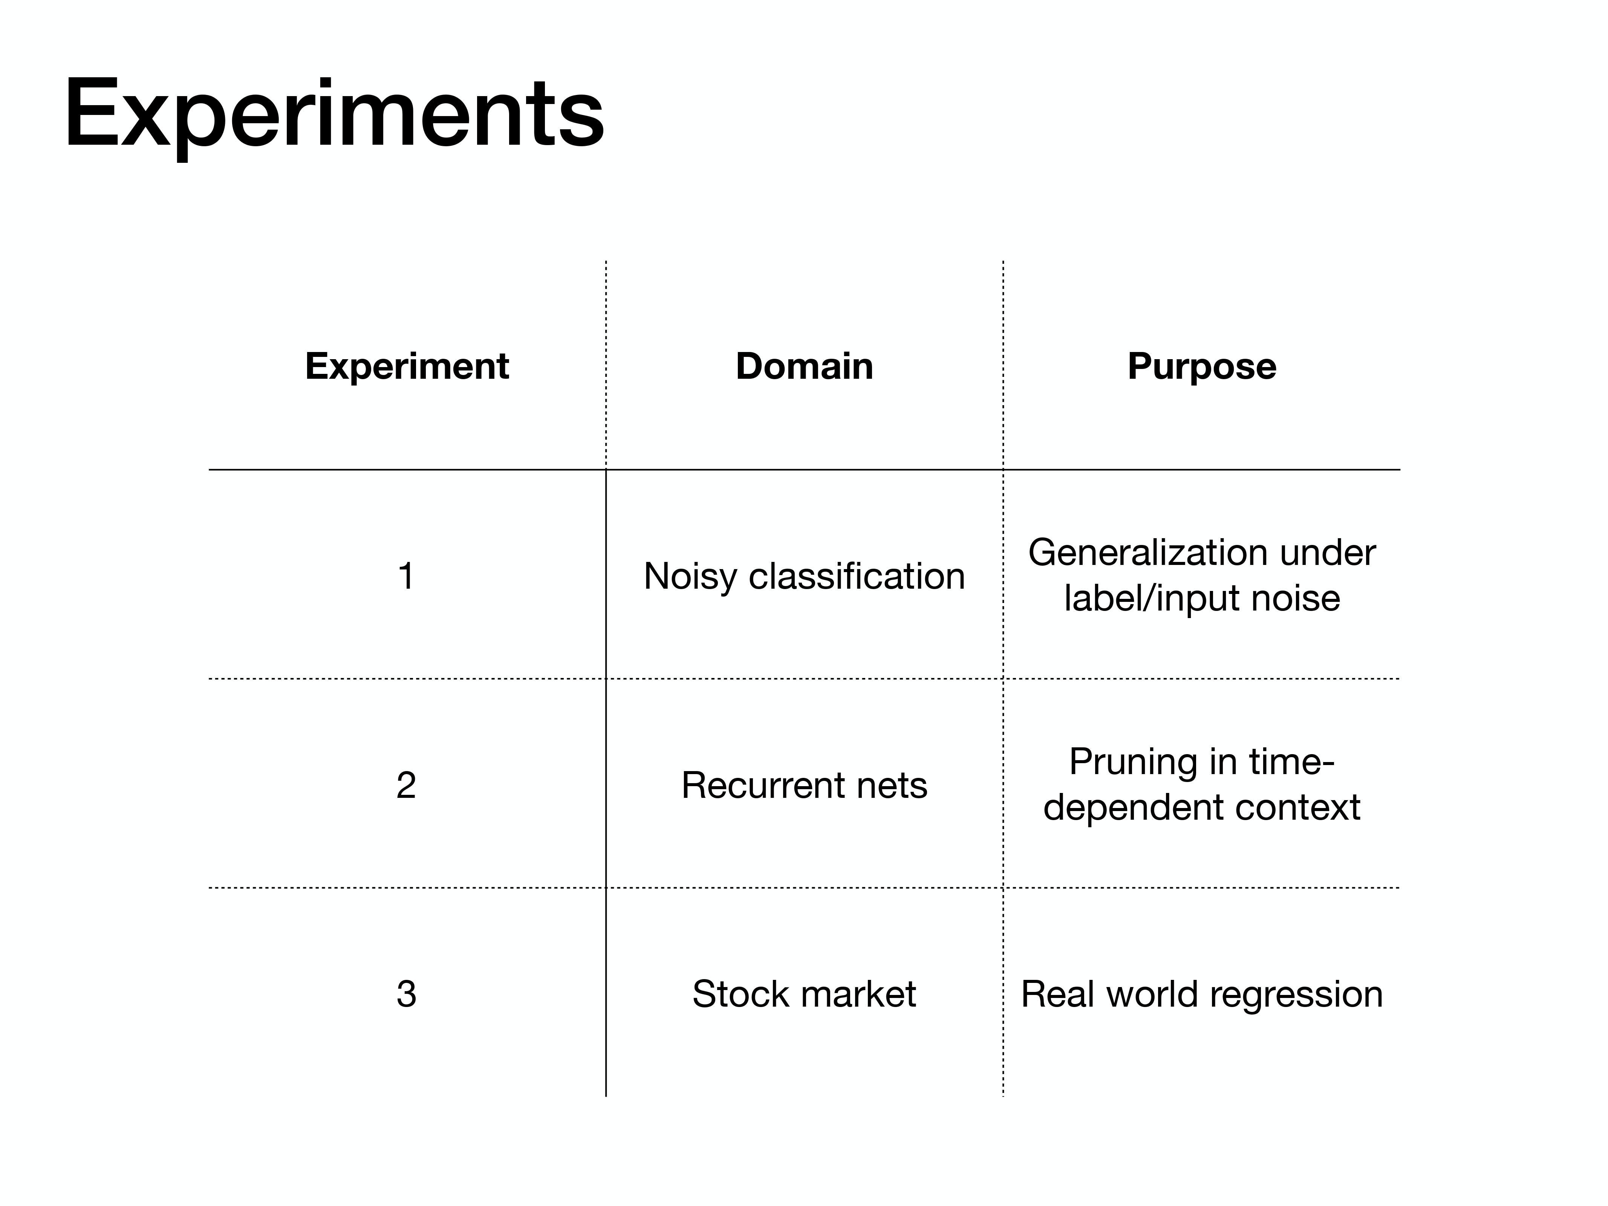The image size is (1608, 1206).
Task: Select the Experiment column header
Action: (x=407, y=366)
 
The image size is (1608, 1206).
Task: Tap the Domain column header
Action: (x=805, y=366)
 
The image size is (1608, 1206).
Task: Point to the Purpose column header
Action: (x=1202, y=366)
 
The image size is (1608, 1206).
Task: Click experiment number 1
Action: (x=406, y=576)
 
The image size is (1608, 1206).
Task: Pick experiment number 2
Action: (x=406, y=785)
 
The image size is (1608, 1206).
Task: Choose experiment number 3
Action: (x=406, y=994)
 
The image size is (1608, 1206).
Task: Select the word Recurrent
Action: (x=763, y=785)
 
